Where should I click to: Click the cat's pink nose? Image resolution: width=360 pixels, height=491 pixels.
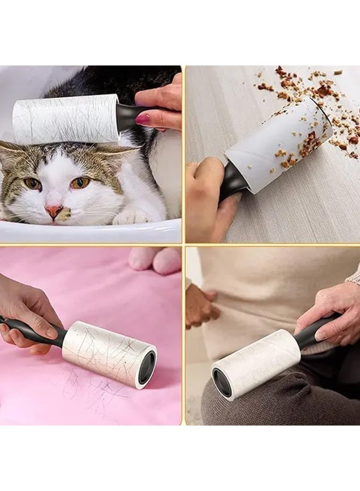point(53,209)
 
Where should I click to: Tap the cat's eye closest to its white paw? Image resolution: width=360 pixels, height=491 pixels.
point(80,183)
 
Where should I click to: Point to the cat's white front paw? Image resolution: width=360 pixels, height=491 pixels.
point(131,216)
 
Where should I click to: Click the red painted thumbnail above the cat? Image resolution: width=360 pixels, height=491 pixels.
point(143,119)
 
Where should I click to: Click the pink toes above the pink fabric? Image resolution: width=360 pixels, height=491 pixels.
point(155,260)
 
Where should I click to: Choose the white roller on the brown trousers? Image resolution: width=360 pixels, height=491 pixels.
point(256,363)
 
